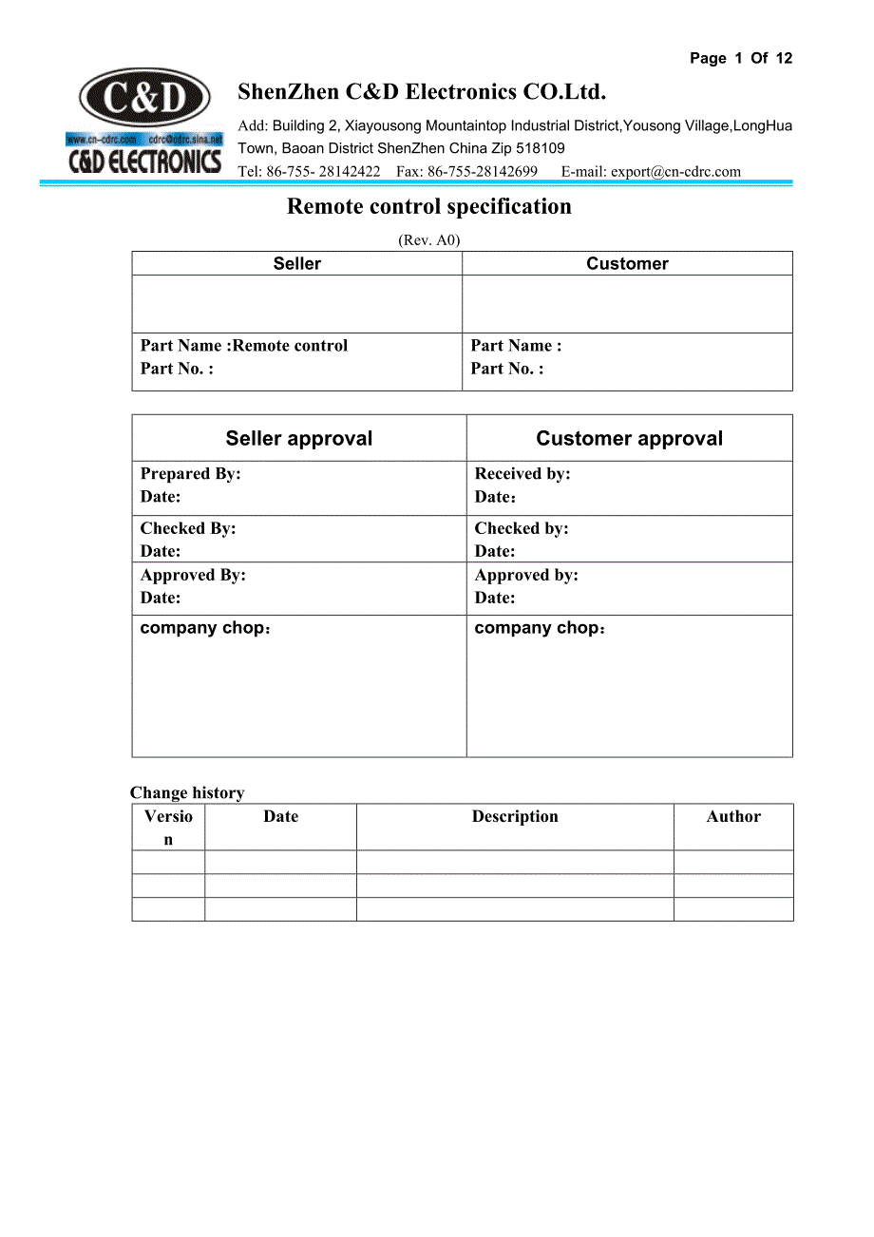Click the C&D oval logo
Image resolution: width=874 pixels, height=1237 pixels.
(144, 98)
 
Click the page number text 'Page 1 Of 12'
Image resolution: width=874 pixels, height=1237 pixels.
(740, 59)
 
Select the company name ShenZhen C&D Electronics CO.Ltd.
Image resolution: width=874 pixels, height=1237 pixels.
(421, 92)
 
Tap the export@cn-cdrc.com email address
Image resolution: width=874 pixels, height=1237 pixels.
(675, 172)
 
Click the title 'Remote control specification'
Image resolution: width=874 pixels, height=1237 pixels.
(429, 207)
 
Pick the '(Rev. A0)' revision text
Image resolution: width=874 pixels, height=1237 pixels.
(428, 240)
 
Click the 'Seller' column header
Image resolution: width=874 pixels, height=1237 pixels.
(296, 264)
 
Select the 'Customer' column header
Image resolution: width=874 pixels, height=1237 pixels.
(627, 264)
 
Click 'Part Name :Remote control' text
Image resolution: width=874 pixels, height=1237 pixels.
(244, 346)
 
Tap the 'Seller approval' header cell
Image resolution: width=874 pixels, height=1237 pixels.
(298, 439)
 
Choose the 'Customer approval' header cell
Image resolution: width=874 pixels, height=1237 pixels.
(629, 439)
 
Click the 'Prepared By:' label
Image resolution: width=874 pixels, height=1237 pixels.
(190, 474)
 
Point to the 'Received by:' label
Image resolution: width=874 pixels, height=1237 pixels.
(522, 474)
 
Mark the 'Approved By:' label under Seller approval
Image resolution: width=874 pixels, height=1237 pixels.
(193, 576)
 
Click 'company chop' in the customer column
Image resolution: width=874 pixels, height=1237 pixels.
(538, 628)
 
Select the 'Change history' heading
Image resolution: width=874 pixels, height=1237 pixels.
(187, 793)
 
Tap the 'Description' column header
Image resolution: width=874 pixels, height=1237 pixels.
(515, 817)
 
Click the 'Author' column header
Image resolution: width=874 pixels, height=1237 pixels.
(733, 817)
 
